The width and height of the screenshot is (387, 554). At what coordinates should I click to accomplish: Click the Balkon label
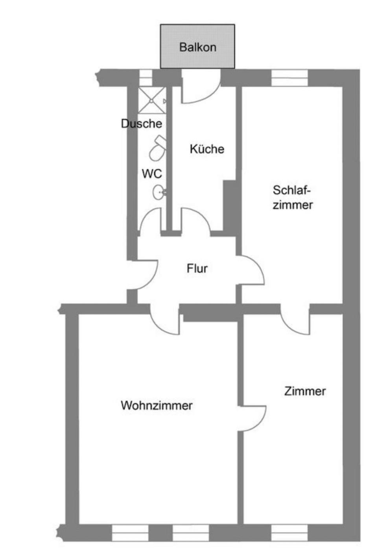click(x=197, y=47)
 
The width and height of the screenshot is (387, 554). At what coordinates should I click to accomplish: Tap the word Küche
click(x=207, y=149)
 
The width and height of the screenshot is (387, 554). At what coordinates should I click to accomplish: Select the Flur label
click(x=197, y=269)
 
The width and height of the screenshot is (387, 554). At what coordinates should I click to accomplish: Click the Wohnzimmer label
click(x=157, y=405)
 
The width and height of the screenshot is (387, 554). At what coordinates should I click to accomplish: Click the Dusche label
click(x=142, y=124)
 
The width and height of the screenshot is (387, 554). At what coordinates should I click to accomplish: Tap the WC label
click(x=152, y=174)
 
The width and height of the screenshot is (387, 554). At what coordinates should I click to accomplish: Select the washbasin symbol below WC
click(x=158, y=192)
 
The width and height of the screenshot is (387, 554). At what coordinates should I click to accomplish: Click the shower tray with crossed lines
click(x=151, y=101)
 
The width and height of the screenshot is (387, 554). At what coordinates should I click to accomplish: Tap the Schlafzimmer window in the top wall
click(x=289, y=78)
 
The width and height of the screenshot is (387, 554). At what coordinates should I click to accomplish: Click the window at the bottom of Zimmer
click(x=289, y=533)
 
